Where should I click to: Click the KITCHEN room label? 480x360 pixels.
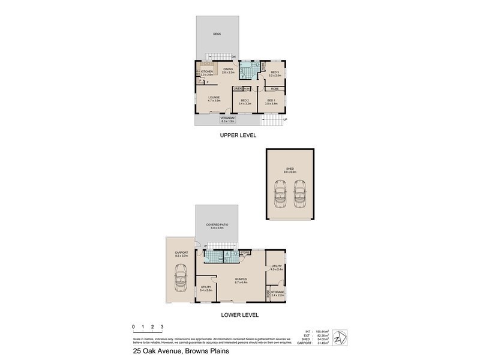[206, 73]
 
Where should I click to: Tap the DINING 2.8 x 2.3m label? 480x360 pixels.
[227, 71]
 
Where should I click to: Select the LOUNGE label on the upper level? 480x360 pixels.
[214, 99]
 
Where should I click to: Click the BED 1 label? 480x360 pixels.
[271, 102]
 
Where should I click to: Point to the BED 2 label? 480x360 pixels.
[245, 102]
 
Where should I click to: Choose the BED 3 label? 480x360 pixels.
[275, 74]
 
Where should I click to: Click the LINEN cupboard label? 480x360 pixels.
[238, 89]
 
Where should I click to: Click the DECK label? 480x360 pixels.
[217, 34]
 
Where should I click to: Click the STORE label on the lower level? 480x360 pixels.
[245, 254]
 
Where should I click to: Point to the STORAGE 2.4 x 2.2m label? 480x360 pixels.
[278, 293]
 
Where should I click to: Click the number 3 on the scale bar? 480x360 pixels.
[162, 327]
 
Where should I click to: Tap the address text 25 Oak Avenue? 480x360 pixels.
[159, 352]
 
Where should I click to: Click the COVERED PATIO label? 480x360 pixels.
[217, 227]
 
